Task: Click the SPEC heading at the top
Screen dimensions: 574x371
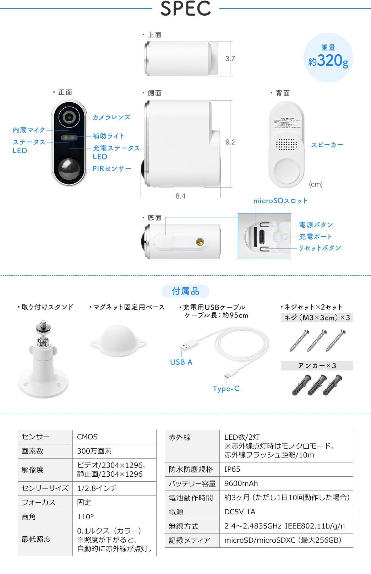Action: [185, 9]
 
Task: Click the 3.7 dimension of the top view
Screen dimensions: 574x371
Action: [230, 59]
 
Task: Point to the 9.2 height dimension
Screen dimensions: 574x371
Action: [230, 142]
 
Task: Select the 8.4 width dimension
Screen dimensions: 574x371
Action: [180, 196]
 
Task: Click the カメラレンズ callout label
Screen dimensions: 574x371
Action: [111, 117]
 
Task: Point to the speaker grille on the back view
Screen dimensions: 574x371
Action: [286, 144]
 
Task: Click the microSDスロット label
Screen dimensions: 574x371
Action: [280, 201]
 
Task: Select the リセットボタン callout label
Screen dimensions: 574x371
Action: [320, 248]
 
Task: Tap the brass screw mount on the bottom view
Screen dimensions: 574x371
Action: [200, 242]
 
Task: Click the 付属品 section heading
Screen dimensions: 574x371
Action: [185, 291]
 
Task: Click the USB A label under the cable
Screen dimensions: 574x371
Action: [181, 362]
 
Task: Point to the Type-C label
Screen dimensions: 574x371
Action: [226, 389]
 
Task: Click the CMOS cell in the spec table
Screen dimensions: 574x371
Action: [87, 437]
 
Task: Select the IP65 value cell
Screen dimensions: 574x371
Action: [232, 469]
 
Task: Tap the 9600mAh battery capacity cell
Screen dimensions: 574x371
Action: [241, 483]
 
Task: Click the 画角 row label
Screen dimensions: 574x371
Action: [29, 517]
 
